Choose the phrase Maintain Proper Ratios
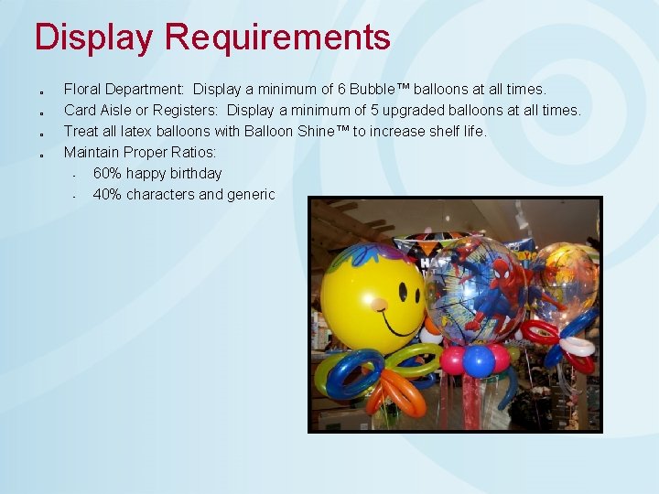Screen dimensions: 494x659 [x=139, y=153]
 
